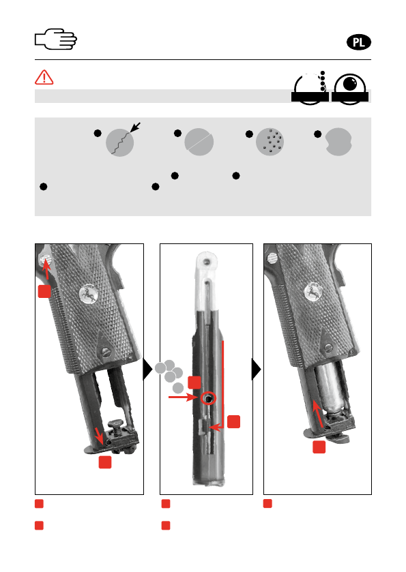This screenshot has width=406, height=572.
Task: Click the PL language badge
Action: [358, 42]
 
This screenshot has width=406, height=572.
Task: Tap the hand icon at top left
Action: [56, 39]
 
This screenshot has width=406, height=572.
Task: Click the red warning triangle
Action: [44, 77]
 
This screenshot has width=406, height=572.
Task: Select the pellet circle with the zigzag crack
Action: [120, 142]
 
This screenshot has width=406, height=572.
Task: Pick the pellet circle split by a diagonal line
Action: [199, 142]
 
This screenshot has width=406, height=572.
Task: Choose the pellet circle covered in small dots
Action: [270, 142]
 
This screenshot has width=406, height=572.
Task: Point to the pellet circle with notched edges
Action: [338, 142]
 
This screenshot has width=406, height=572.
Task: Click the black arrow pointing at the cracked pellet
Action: [135, 127]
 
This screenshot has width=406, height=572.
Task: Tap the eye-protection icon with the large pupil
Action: [350, 89]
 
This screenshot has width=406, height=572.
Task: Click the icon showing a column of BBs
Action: [310, 88]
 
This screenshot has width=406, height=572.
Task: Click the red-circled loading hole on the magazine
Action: [209, 399]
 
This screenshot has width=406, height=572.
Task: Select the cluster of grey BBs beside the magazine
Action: [170, 376]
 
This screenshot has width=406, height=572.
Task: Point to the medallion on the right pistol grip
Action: [313, 293]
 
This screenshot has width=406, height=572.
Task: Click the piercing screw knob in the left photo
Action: [117, 425]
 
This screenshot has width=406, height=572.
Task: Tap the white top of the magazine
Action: [207, 281]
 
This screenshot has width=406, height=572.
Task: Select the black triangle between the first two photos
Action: [147, 369]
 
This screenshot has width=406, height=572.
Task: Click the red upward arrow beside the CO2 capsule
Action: [318, 414]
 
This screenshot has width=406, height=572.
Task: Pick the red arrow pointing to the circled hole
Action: [184, 397]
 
